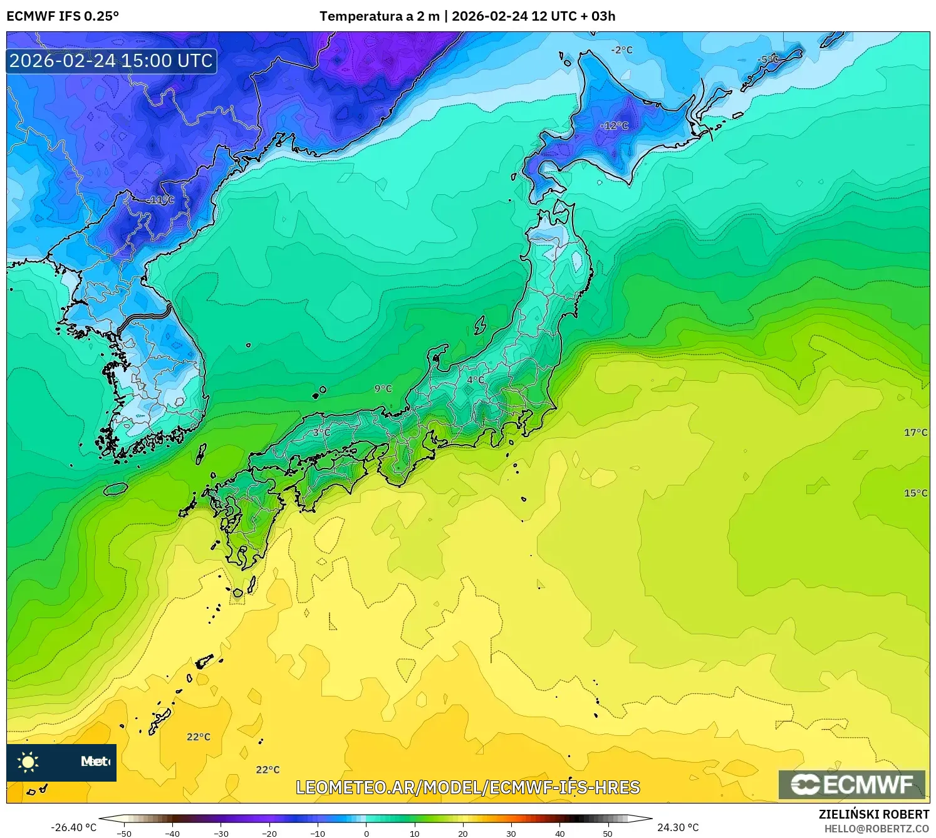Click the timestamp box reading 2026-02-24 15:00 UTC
(112, 61)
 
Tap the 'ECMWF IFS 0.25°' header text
(63, 16)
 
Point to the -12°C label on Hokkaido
(614, 126)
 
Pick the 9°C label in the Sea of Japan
(383, 389)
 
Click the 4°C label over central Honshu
(476, 380)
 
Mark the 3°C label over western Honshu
(321, 432)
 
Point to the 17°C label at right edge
(915, 433)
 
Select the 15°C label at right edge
(915, 493)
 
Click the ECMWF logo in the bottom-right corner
(852, 785)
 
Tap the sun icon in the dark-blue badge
(28, 762)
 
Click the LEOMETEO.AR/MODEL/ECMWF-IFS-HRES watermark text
(467, 787)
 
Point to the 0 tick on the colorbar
(367, 833)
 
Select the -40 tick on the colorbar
(172, 833)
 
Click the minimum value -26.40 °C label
(73, 827)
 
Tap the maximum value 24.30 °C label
(678, 827)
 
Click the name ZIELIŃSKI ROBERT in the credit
(874, 814)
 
